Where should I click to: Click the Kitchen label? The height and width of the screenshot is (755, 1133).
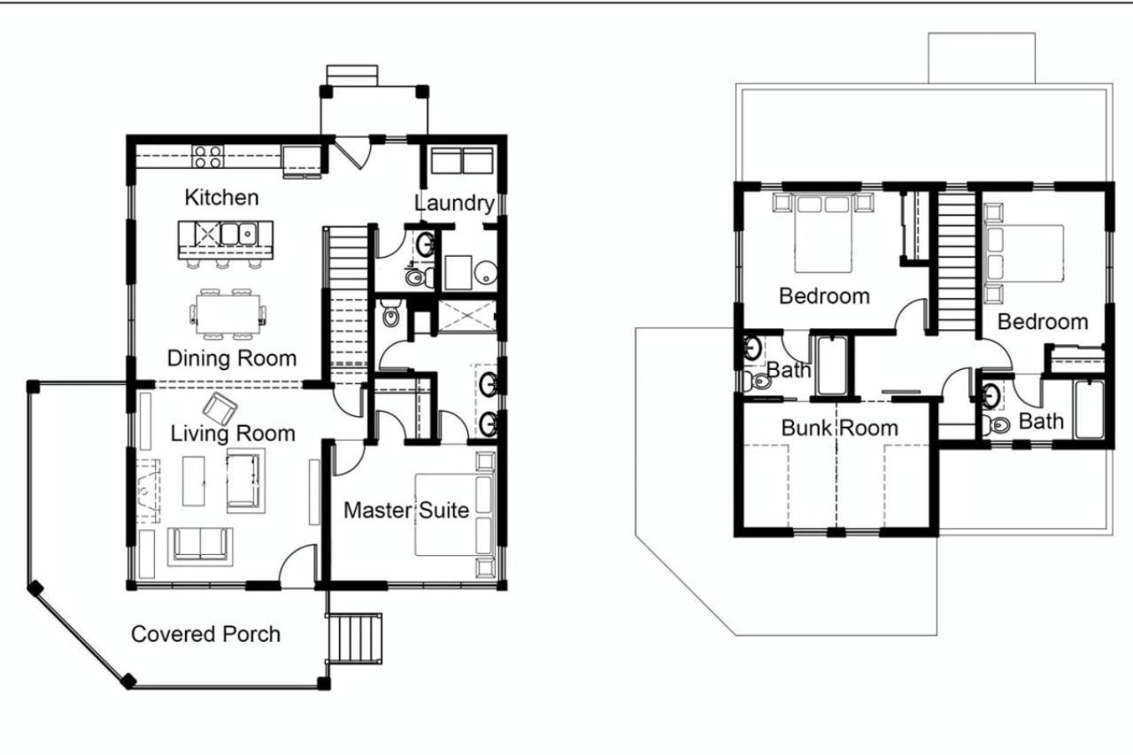click(221, 197)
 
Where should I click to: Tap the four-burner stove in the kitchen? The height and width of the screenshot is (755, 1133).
click(208, 157)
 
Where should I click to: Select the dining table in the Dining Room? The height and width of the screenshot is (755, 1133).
click(228, 314)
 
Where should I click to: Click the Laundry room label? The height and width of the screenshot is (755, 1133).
click(454, 204)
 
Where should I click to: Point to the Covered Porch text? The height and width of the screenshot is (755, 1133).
click(205, 634)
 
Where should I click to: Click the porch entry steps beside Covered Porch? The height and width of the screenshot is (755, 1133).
click(354, 639)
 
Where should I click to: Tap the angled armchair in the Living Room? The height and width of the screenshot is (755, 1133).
click(220, 409)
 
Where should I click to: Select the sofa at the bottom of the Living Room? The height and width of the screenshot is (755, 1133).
click(200, 544)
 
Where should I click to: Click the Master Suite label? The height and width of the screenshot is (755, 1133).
click(406, 510)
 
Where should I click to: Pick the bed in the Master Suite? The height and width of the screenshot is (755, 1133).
click(454, 515)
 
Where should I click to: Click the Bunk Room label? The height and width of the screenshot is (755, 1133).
click(840, 428)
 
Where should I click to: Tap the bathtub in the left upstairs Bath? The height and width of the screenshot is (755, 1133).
click(832, 366)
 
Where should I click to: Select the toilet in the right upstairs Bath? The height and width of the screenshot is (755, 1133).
click(997, 425)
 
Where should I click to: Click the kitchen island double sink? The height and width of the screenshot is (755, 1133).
click(238, 234)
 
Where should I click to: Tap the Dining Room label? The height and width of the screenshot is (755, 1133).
click(232, 358)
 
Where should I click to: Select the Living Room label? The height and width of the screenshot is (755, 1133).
click(233, 434)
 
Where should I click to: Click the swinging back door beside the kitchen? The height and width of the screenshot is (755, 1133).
click(353, 153)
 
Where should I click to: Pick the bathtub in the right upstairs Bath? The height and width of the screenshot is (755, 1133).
click(1089, 410)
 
